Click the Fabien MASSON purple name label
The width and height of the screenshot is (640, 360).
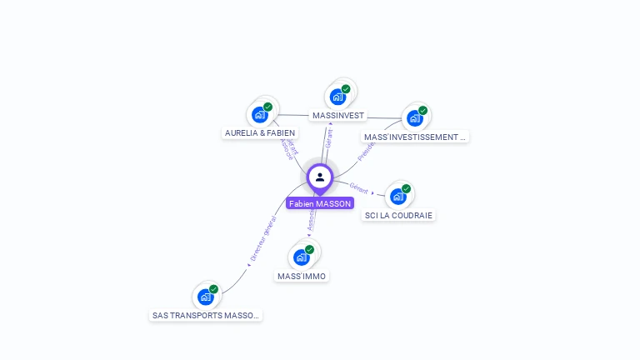coord(320,203)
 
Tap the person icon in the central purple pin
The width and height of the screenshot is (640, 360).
coord(320,177)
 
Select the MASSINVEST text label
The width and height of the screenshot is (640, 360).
coord(337,115)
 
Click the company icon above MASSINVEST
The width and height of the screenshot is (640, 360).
coord(337,96)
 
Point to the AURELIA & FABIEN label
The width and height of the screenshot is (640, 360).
coord(260,132)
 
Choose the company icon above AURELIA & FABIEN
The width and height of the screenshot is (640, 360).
coord(260,114)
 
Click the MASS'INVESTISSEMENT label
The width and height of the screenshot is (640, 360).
coord(415,137)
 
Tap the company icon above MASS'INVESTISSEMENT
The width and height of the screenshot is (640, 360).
coord(414,117)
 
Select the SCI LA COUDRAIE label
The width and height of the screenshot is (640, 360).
coord(400,215)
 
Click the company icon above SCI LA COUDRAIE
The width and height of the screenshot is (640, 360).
coord(397,196)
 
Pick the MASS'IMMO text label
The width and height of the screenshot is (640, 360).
coord(302,276)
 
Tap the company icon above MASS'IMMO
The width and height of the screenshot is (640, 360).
coord(302,257)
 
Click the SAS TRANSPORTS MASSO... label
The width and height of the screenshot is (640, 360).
coord(206,316)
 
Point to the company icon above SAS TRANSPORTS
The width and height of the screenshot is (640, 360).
coord(205,297)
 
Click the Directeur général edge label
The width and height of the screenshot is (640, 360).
coord(262,240)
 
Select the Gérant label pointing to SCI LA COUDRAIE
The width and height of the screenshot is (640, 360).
coord(359,188)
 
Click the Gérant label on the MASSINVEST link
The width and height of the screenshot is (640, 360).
coord(328,138)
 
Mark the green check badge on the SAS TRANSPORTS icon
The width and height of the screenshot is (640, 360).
coord(213,289)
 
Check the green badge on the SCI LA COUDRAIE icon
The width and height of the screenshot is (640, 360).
coord(406,188)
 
